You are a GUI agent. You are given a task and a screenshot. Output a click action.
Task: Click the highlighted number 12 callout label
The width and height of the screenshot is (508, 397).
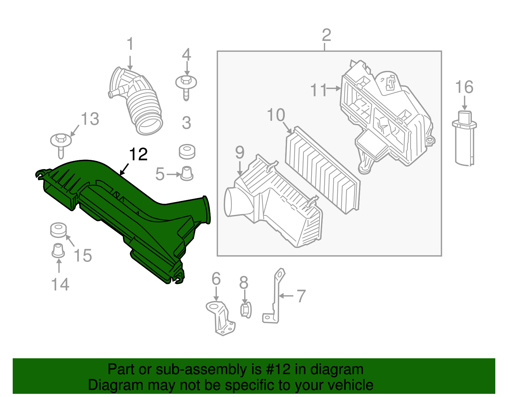coord(138,154)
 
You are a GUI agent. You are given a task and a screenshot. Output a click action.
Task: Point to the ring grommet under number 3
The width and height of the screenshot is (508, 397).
coord(187,152)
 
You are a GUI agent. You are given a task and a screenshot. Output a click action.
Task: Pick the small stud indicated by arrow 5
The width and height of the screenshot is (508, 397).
coord(187,173)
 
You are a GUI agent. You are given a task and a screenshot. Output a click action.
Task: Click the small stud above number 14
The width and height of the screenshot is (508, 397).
coord(58,250)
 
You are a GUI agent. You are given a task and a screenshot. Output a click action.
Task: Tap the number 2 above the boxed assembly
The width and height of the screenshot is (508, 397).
coord(326,35)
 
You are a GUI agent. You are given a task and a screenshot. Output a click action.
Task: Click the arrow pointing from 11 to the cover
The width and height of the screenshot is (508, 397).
coord(333,88)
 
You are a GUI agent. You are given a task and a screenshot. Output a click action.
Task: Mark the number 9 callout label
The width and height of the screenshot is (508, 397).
coord(240,153)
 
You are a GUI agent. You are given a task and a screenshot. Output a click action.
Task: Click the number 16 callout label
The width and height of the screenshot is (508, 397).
coord(464,87)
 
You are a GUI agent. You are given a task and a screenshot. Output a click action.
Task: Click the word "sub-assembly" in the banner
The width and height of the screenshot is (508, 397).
coord(202,369)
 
